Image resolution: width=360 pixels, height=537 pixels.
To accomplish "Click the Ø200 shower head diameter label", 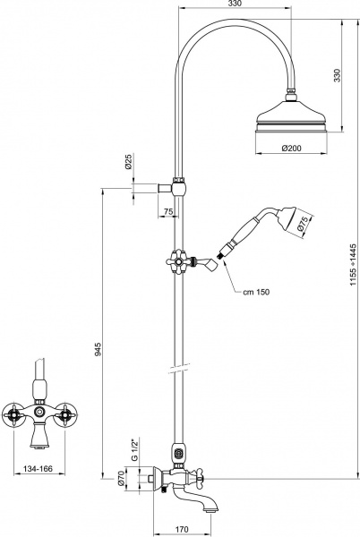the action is (291, 149).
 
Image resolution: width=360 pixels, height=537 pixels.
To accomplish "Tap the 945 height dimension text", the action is (99, 349).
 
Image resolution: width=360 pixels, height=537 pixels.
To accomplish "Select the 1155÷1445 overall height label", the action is (353, 265).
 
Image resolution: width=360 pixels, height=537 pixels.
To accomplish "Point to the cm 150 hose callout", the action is (256, 292).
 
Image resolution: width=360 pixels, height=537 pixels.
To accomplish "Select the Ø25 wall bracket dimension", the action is (128, 162).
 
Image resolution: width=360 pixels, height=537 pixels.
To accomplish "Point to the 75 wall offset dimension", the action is (168, 211).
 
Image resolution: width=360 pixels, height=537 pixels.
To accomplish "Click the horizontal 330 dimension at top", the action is (235, 4).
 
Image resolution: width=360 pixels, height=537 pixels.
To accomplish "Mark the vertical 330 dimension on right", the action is (338, 75).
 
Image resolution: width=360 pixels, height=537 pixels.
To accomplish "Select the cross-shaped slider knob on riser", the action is (177, 262).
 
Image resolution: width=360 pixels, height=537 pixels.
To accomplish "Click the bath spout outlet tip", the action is (212, 511).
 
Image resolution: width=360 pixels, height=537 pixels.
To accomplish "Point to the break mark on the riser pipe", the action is (179, 369).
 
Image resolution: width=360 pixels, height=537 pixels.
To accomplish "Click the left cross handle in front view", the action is (13, 415).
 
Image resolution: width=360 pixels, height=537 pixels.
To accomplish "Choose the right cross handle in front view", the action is (65, 415).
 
